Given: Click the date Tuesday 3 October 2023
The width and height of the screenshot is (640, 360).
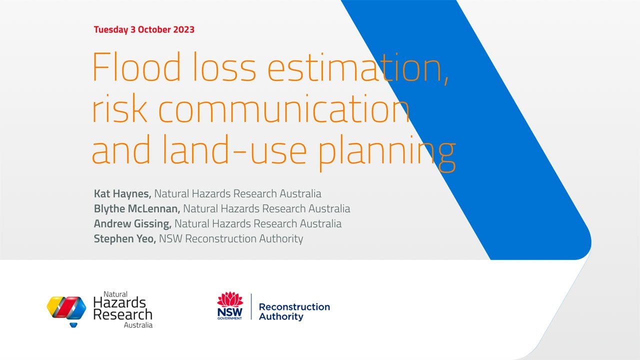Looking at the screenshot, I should pos(144,29).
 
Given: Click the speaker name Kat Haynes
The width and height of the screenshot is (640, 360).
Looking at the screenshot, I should pos(122,193).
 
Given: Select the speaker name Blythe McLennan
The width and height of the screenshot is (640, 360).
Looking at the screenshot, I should pos(137,208).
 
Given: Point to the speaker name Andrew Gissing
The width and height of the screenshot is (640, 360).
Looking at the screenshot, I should pos(132,223).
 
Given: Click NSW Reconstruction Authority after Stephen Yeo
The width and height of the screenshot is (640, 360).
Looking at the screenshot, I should pos(231,238).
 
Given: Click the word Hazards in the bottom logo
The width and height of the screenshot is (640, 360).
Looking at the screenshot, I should pos(119,302).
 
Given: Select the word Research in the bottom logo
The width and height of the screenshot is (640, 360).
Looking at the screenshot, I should pos(122,314).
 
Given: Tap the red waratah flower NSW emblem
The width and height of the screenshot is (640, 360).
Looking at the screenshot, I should pos(230,300).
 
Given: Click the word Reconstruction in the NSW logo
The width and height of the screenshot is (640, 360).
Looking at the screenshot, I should pos(294,306).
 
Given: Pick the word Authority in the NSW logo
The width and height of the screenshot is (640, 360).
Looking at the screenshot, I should pos(281,316).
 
